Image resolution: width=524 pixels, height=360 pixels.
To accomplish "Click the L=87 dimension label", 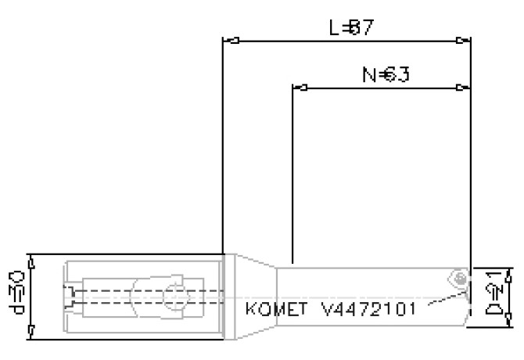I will click(350, 28).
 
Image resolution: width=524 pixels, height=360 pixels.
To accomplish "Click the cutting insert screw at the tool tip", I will click(462, 277).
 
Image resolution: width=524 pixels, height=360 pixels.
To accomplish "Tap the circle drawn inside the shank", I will click(176, 297).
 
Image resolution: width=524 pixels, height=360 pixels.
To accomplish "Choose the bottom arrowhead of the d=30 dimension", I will click(30, 335).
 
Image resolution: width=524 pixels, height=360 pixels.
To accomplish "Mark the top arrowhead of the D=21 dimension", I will click(509, 273).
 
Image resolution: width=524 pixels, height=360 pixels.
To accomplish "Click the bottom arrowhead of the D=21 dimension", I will click(509, 320).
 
